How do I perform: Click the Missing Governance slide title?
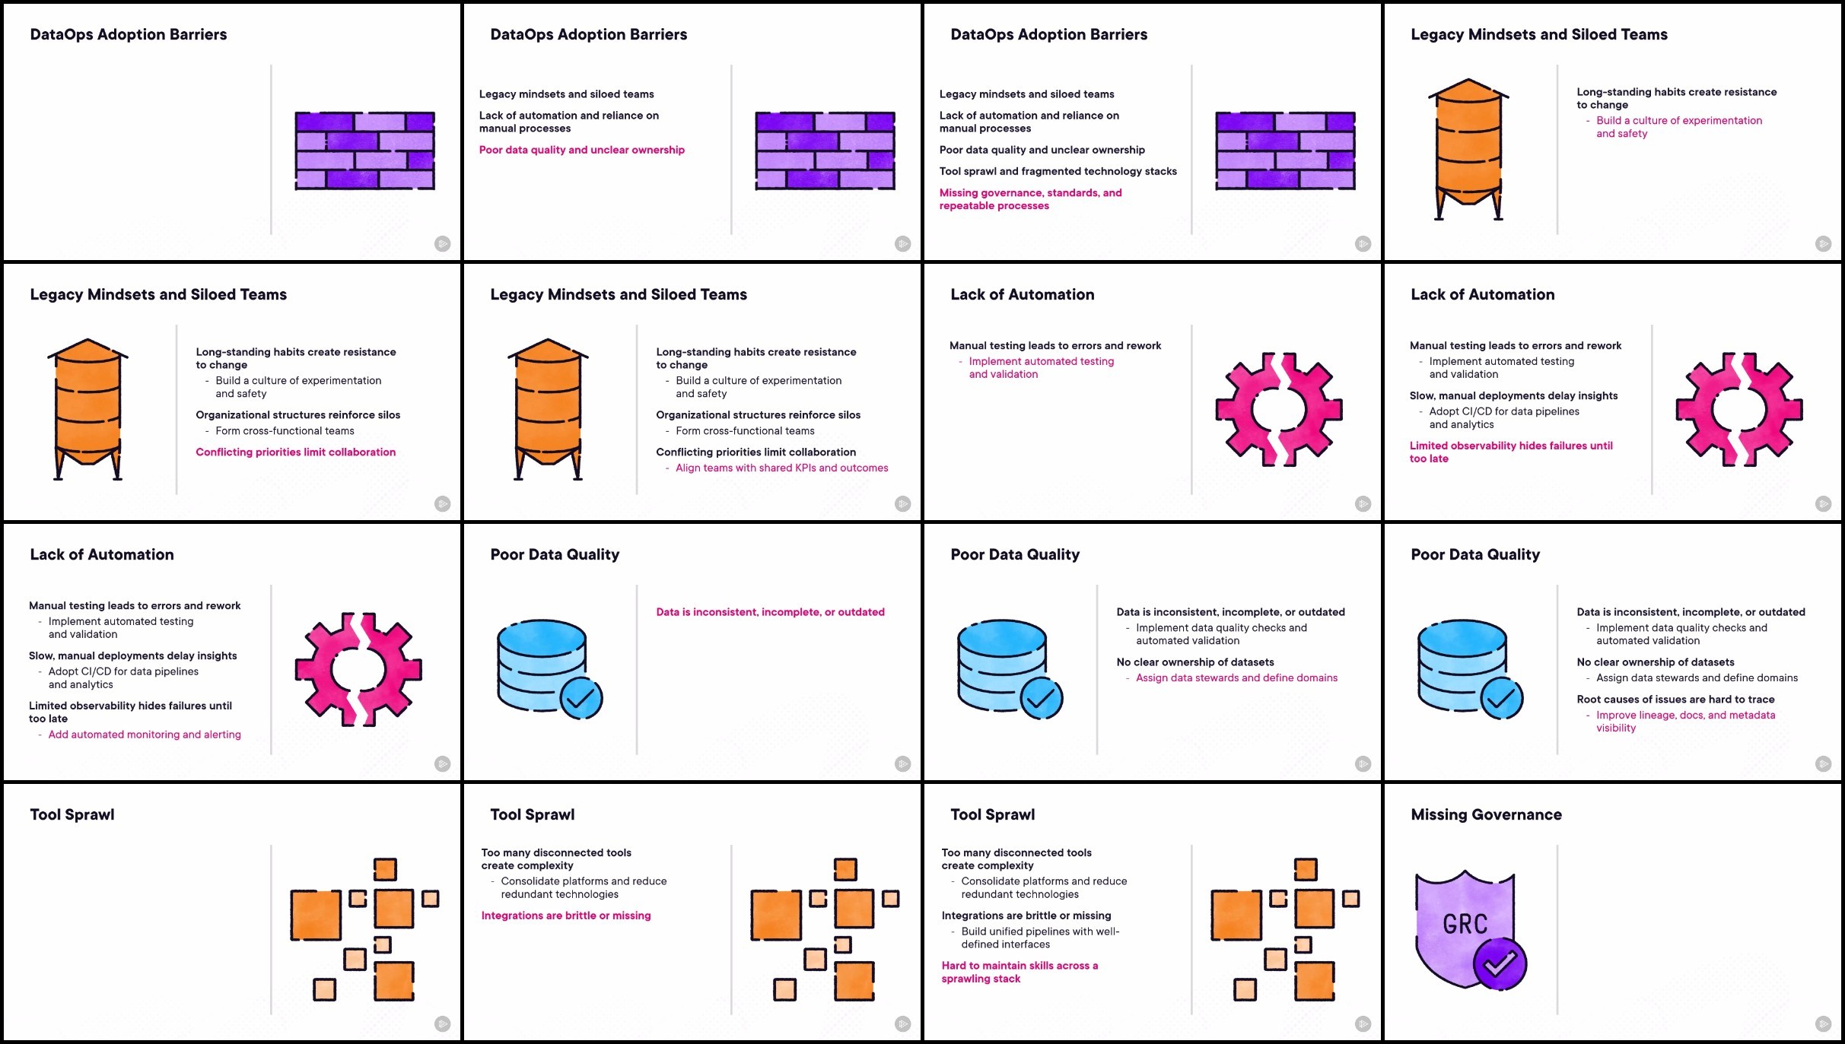pyautogui.click(x=1486, y=814)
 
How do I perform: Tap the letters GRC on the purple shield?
pyautogui.click(x=1465, y=924)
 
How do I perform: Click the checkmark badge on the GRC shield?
pyautogui.click(x=1500, y=964)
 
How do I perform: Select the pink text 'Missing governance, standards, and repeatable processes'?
pyautogui.click(x=1030, y=199)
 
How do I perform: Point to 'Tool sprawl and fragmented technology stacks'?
pyautogui.click(x=1058, y=171)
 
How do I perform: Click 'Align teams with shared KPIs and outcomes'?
pyautogui.click(x=781, y=468)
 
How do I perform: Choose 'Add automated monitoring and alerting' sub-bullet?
pyautogui.click(x=145, y=735)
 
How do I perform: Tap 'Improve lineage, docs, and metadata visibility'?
pyautogui.click(x=1685, y=722)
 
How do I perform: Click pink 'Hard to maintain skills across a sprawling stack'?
pyautogui.click(x=1020, y=972)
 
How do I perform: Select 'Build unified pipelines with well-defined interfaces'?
pyautogui.click(x=1040, y=938)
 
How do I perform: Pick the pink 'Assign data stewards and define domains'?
pyautogui.click(x=1236, y=677)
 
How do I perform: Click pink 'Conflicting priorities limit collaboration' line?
pyautogui.click(x=295, y=452)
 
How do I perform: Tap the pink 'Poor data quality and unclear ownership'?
pyautogui.click(x=581, y=150)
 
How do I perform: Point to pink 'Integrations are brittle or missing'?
pyautogui.click(x=566, y=915)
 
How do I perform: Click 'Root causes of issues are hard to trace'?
pyautogui.click(x=1675, y=699)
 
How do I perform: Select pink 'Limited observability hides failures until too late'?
pyautogui.click(x=1511, y=452)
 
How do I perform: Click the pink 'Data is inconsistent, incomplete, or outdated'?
pyautogui.click(x=770, y=612)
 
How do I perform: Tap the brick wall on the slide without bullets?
pyautogui.click(x=364, y=150)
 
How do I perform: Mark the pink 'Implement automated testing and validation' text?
pyautogui.click(x=1041, y=367)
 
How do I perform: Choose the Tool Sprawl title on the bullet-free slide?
pyautogui.click(x=72, y=814)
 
